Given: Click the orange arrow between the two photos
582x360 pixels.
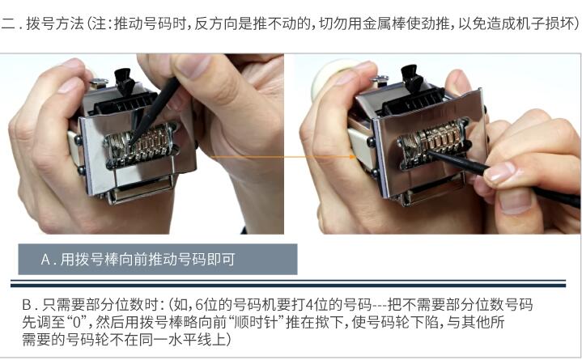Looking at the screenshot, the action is click(x=283, y=157).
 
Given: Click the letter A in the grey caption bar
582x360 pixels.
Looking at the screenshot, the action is click(x=45, y=259).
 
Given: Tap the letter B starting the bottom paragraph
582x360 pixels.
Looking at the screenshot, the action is click(x=26, y=305).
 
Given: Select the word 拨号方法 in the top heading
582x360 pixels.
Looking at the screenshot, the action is click(x=55, y=24).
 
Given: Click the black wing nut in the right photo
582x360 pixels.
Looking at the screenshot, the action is click(x=411, y=77).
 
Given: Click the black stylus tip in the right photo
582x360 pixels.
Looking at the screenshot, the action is click(x=431, y=153).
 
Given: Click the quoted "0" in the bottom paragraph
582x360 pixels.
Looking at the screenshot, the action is click(x=76, y=322).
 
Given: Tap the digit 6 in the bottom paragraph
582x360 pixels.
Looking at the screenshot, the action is click(x=199, y=305).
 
